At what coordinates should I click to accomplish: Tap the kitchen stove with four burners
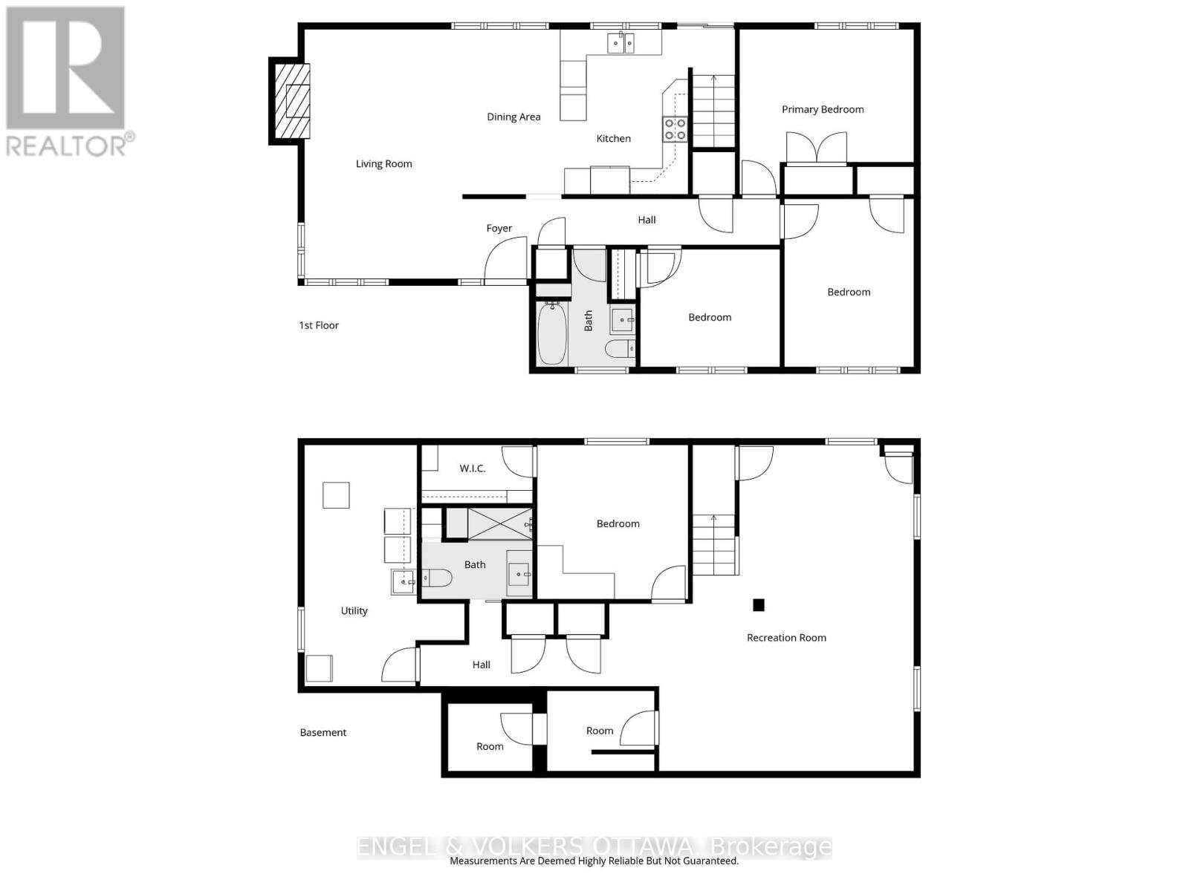coord(675,129)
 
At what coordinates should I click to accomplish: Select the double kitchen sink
coord(620,44)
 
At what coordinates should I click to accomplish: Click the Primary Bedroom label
coord(823,109)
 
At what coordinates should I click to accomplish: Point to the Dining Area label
coord(513,117)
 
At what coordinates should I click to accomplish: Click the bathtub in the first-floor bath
coord(551,333)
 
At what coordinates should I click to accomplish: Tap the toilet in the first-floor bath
coord(621,347)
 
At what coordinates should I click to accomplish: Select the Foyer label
coord(499,228)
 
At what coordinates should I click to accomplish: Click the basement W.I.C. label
coord(473,468)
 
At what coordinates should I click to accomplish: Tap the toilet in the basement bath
coord(437,578)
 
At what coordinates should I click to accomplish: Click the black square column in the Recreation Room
coord(758,604)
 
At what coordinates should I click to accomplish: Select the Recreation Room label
coord(786,637)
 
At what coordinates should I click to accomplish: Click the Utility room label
coord(354,610)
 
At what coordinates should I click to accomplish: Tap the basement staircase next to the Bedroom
coord(714,545)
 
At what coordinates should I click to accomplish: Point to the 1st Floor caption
coord(319,325)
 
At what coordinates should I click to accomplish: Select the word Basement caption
coord(323,732)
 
